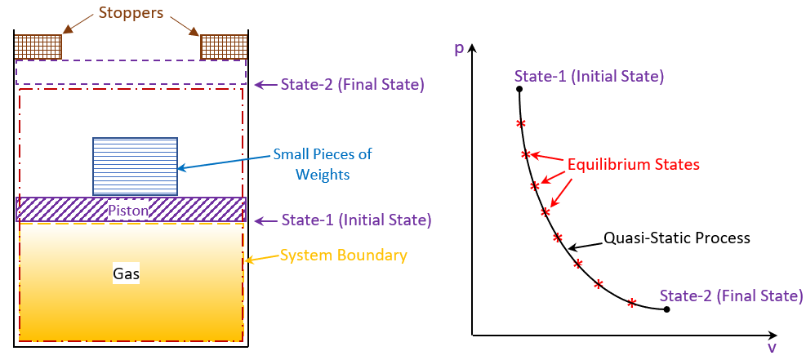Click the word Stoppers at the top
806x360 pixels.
point(131,12)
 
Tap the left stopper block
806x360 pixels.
point(38,46)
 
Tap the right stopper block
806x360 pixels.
point(224,46)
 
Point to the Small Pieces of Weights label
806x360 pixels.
point(323,163)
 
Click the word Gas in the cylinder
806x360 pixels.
point(127,274)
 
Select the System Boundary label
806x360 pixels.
point(343,256)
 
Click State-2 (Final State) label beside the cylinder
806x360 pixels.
point(353,84)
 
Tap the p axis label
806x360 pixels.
point(459,48)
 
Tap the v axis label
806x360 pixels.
point(771,348)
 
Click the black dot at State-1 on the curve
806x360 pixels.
point(519,89)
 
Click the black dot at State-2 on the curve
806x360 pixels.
point(667,309)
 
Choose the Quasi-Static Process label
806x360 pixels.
point(676,238)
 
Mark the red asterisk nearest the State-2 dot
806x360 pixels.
point(631,303)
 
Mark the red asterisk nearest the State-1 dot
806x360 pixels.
point(521,124)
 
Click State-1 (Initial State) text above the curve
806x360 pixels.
point(590,77)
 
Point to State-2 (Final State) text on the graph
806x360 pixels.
point(731,296)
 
